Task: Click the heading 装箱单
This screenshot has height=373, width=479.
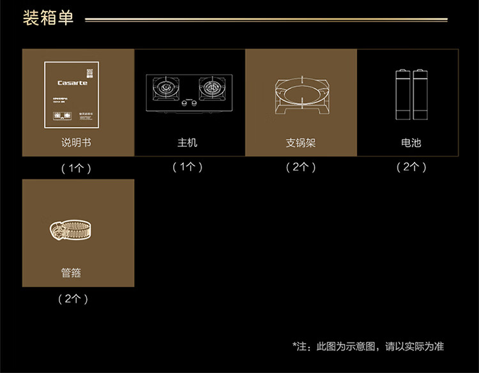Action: (48, 18)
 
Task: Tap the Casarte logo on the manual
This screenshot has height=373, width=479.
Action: (72, 83)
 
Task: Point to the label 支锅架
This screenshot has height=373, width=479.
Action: (301, 142)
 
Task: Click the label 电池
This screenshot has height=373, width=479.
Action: (411, 142)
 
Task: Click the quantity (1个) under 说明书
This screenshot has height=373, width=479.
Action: (76, 169)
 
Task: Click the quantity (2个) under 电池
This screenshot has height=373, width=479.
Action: (411, 167)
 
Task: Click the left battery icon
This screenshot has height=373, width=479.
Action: (403, 95)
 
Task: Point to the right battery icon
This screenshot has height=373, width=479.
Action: (420, 95)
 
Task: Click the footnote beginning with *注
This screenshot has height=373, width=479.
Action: (368, 347)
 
